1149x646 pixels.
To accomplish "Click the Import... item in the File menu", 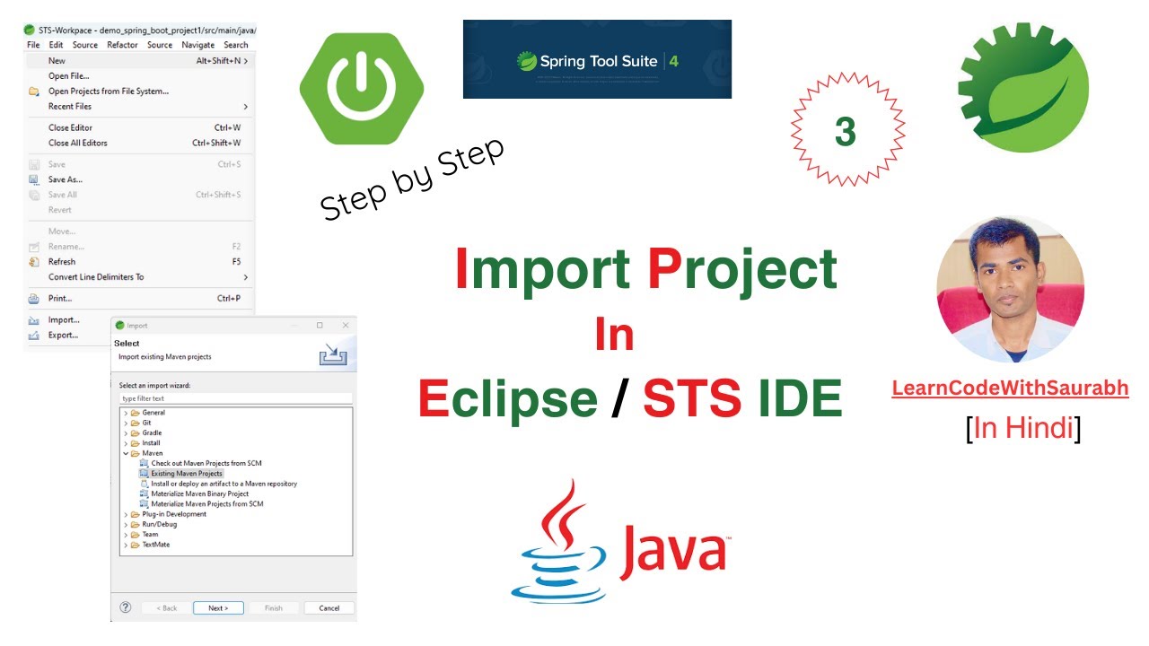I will point(64,320).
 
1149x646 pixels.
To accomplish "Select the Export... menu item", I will point(63,336).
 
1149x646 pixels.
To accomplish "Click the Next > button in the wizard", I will point(218,607).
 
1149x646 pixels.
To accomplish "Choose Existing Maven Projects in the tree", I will point(187,473).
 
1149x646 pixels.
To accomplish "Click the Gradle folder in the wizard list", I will point(152,432).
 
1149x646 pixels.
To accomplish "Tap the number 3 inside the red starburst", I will point(846,132).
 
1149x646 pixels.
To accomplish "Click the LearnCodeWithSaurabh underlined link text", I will point(1010,388).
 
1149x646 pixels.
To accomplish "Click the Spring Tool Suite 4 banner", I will point(597,60).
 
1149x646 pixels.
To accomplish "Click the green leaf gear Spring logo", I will point(1022,88).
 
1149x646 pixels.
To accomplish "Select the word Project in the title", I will point(742,269).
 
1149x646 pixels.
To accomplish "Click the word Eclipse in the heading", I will point(508,399).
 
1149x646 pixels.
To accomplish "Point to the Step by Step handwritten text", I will point(412,179).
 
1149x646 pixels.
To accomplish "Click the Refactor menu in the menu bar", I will point(122,45).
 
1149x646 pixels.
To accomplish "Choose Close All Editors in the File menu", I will point(78,143).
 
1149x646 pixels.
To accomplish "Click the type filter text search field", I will point(236,398).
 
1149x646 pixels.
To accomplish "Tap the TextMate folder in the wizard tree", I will point(155,545).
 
